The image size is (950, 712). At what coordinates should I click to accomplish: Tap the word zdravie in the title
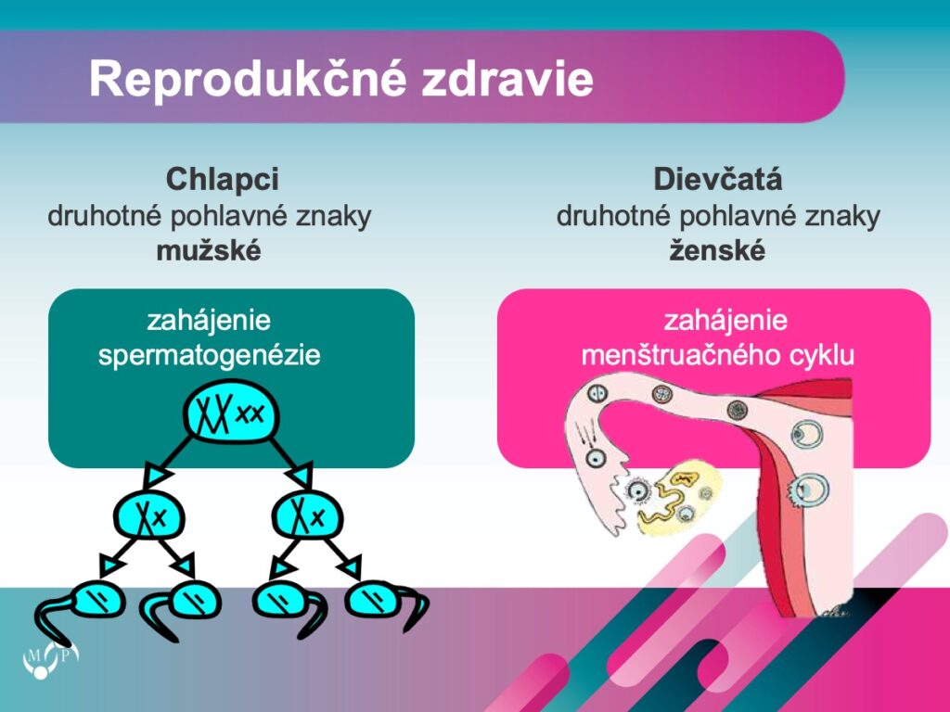click(507, 78)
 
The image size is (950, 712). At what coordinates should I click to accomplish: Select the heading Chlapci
click(223, 179)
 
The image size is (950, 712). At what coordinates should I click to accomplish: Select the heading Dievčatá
click(718, 179)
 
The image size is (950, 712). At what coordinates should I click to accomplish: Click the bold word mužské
click(209, 250)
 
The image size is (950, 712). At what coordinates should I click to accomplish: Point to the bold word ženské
click(717, 250)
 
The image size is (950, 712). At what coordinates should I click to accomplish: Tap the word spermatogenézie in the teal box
click(209, 355)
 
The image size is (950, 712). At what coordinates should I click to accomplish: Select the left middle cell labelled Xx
click(149, 515)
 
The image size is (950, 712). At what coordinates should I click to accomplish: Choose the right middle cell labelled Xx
click(307, 515)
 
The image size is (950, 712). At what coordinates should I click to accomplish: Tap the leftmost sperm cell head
click(98, 601)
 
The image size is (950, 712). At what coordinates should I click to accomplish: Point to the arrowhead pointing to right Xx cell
click(302, 476)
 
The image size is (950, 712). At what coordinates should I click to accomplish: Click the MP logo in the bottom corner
click(50, 659)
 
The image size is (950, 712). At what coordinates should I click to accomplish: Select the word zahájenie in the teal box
click(209, 320)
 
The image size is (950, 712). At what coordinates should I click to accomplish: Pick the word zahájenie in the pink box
click(725, 320)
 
